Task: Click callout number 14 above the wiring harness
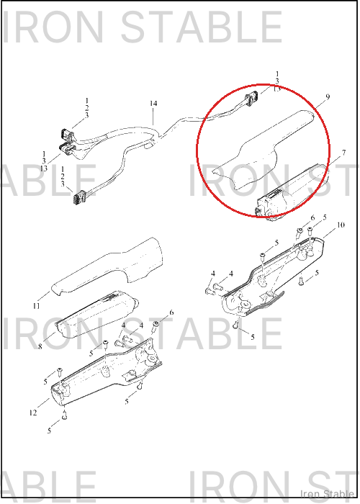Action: coord(153,104)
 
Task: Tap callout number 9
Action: coord(328,96)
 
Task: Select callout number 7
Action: coord(344,153)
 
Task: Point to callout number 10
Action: coord(341,225)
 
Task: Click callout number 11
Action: coord(36,306)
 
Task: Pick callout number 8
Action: coord(40,347)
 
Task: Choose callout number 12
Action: coord(33,413)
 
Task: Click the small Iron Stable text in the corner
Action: coord(327,494)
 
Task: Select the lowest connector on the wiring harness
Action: coord(78,197)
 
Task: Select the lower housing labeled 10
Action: coord(273,276)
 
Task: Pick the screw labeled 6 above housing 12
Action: coord(156,327)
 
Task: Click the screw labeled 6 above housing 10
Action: coord(300,233)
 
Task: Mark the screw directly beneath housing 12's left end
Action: coord(65,415)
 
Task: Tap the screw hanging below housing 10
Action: coord(236,325)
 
